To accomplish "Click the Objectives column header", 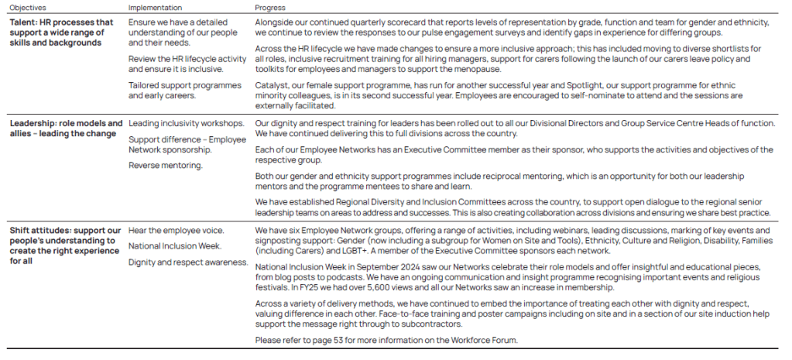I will (28, 7).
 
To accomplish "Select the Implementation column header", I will (156, 7).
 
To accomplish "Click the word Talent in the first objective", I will (23, 22).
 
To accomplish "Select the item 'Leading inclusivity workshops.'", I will (187, 123).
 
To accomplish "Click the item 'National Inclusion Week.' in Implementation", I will (174, 246).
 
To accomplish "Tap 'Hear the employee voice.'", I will (176, 231).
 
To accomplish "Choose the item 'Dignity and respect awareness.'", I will (188, 262).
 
